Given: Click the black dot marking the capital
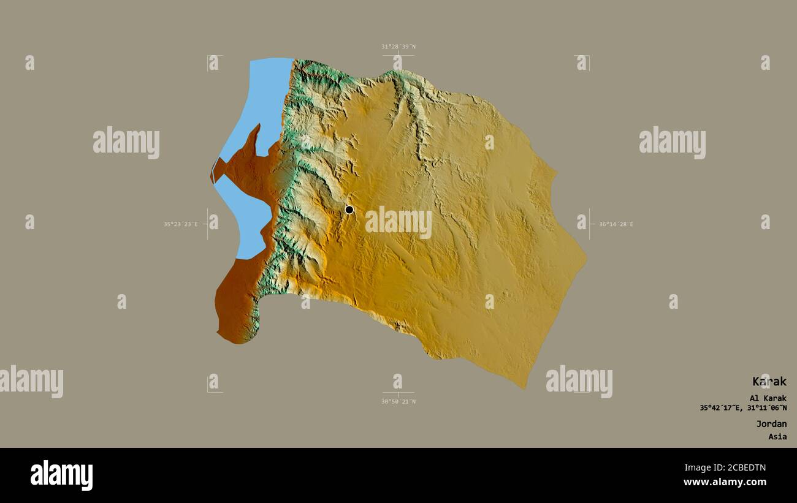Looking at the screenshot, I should point(349,210).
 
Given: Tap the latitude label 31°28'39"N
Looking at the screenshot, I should point(398,47).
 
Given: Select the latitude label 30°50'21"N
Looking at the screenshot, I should point(398,402).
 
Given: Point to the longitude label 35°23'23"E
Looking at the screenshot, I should point(180,224).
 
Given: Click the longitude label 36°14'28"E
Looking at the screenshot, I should point(616,224).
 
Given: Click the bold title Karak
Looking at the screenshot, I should point(769,381).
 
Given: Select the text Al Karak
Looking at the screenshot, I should point(768,398).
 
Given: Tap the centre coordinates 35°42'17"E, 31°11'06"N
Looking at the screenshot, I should point(743,408).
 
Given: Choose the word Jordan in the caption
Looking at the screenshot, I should point(771,424).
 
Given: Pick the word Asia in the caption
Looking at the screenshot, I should point(777,437).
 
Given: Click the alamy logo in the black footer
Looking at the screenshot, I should point(61,475).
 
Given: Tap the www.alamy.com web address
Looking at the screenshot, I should point(725,482).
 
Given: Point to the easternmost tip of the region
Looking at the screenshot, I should point(586,257).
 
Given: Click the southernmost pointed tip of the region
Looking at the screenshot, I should point(524,388).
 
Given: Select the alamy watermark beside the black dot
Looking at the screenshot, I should point(398,222).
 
